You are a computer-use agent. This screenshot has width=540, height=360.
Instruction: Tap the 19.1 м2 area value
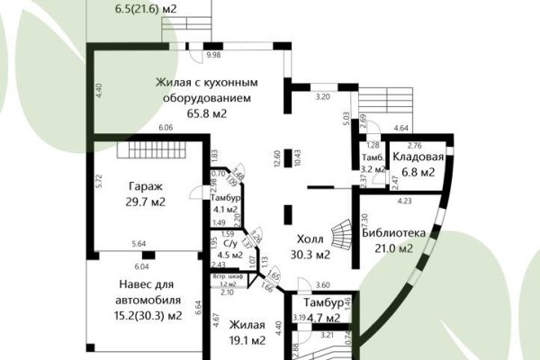(x=246, y=340)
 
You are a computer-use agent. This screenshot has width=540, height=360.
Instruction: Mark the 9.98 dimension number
(x=213, y=55)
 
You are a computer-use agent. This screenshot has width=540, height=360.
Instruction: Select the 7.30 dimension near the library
(x=362, y=220)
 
